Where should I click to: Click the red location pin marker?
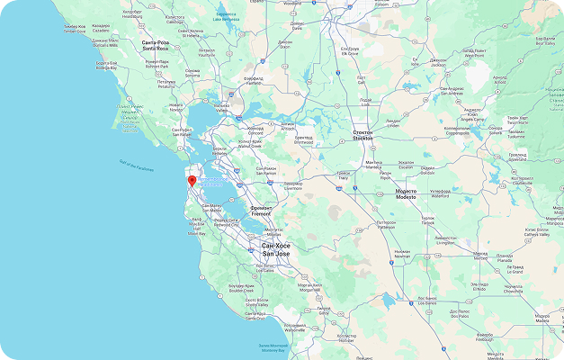[x=191, y=180]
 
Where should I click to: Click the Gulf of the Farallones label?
[x=135, y=166]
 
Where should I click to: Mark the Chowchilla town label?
[x=514, y=290]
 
